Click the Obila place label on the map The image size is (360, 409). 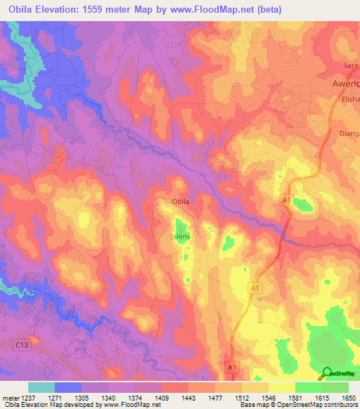pos(181,202)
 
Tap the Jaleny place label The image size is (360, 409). pos(181,237)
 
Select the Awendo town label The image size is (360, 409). pos(345,83)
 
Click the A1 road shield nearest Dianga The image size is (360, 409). pos(286,202)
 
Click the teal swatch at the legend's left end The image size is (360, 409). pos(41,387)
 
